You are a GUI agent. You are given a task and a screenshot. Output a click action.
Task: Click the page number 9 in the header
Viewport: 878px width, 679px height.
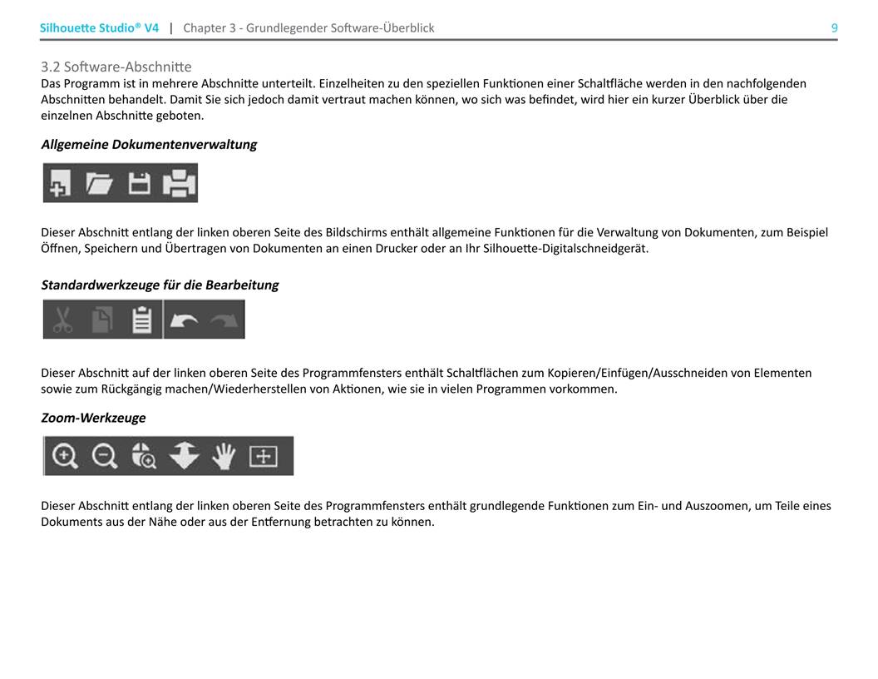(834, 28)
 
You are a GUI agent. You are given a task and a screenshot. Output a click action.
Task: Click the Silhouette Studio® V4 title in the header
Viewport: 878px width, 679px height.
(99, 28)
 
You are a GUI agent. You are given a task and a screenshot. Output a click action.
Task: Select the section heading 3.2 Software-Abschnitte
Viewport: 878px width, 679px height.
(116, 67)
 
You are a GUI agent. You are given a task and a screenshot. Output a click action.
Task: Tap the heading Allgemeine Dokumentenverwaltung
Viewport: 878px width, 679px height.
(149, 144)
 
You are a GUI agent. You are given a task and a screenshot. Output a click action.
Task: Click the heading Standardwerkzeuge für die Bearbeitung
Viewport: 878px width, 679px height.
(160, 285)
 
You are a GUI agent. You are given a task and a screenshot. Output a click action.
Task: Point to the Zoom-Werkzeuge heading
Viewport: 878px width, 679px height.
(93, 418)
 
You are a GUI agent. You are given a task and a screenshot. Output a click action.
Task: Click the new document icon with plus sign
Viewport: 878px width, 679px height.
(60, 183)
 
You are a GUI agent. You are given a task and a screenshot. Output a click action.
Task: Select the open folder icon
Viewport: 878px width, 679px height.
(100, 183)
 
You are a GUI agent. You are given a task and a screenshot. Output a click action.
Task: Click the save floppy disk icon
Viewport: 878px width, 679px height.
(139, 183)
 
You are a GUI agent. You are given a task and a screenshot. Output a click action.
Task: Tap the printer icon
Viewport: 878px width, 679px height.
(179, 183)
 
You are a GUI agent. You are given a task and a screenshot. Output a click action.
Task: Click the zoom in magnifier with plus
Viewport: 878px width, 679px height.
(65, 456)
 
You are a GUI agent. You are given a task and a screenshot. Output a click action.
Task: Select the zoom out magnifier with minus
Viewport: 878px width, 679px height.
(104, 456)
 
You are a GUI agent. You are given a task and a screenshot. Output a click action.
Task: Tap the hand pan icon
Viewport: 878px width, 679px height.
(224, 456)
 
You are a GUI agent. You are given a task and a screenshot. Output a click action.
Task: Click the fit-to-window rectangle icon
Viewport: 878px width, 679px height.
(264, 456)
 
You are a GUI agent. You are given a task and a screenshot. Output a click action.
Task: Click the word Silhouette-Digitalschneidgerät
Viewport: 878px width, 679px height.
(560, 249)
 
